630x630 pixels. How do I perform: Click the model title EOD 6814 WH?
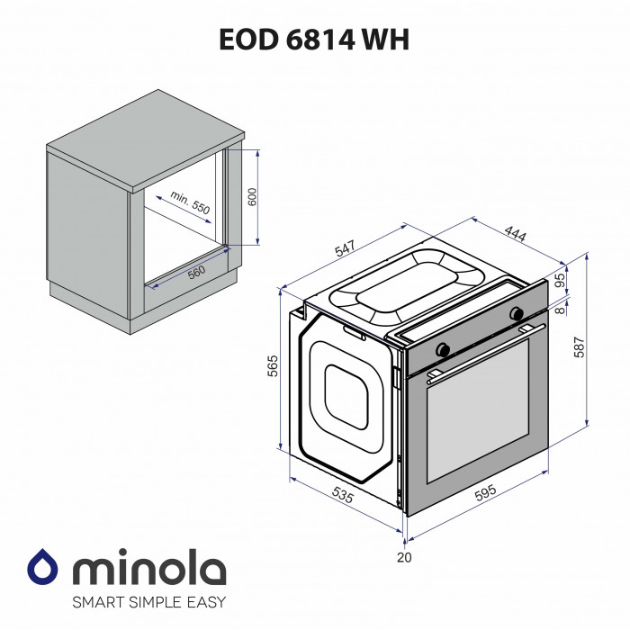coord(314,40)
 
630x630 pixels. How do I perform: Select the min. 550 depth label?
coord(189,202)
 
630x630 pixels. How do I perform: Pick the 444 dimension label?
coord(515,236)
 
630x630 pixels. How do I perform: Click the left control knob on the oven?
coord(443,349)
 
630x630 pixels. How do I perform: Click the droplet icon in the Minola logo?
coord(42,569)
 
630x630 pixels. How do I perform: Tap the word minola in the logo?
coord(148,569)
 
